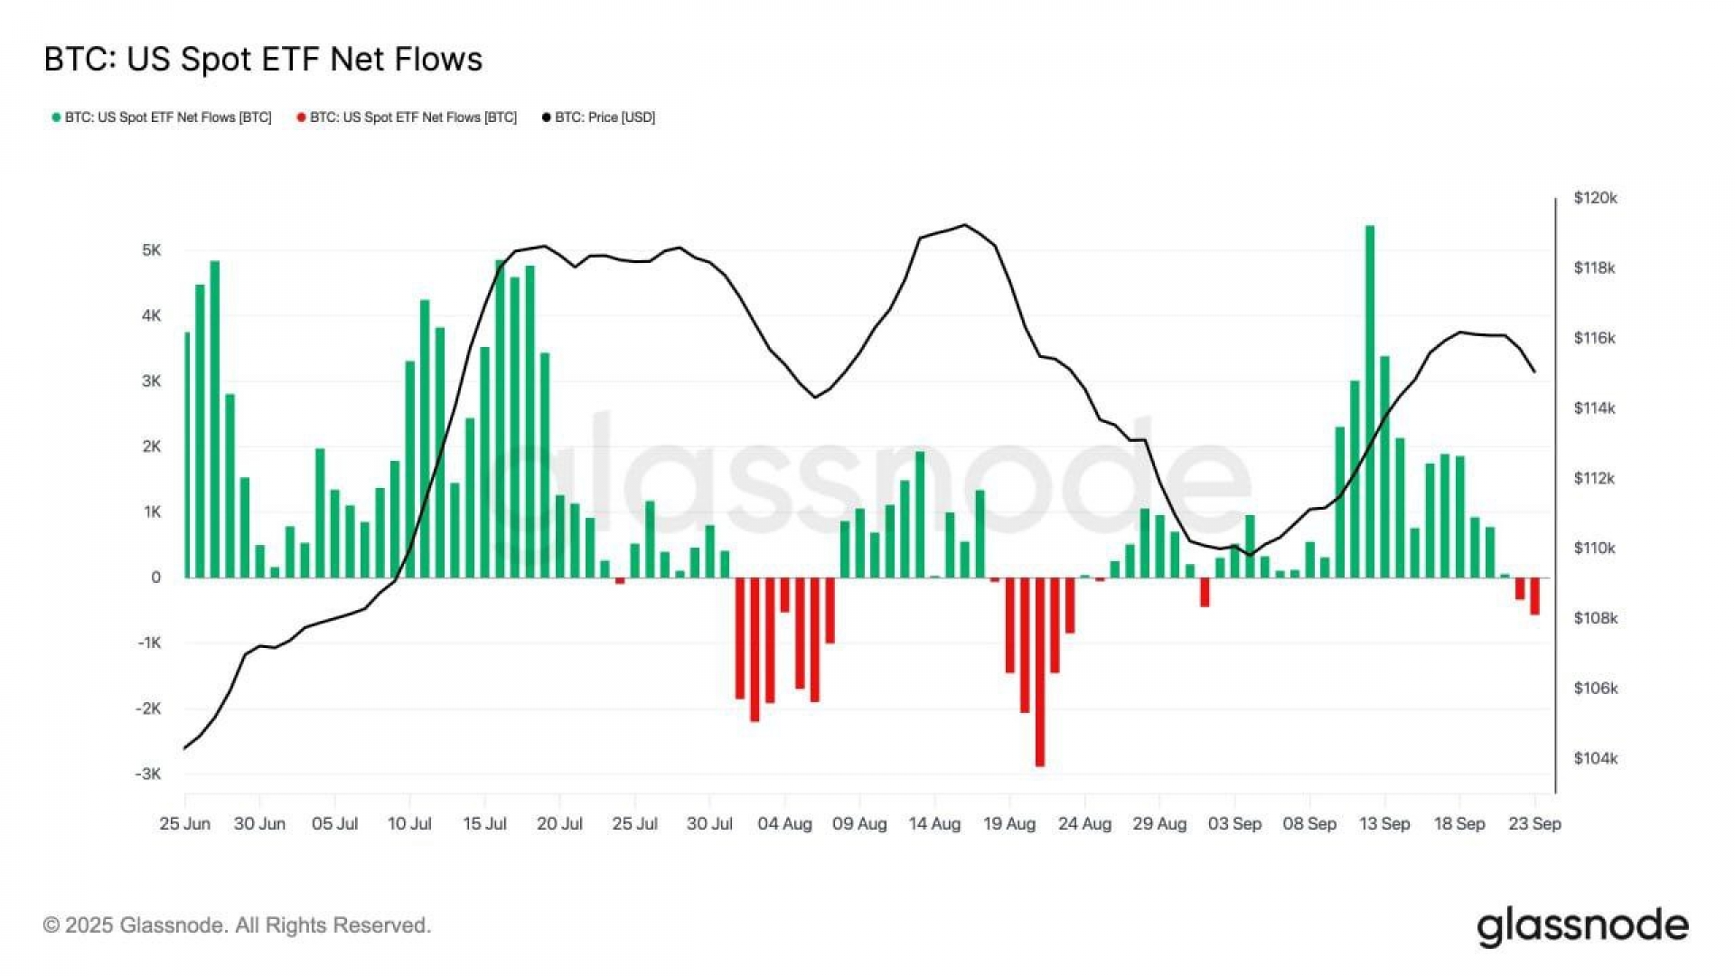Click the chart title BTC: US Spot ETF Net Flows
click(263, 60)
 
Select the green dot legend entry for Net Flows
click(163, 117)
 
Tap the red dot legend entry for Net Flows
click(408, 117)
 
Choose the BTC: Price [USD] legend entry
click(599, 117)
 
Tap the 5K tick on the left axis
click(152, 250)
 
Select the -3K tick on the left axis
click(149, 774)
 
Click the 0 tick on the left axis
click(156, 577)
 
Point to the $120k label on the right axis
click(1595, 198)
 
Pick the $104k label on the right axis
click(1595, 758)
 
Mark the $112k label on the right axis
click(1594, 478)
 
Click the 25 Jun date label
click(185, 824)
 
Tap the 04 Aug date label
click(784, 824)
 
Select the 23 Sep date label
click(1534, 824)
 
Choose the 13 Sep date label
click(1384, 824)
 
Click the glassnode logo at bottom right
click(1582, 927)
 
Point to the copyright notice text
click(238, 925)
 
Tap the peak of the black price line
click(965, 224)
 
